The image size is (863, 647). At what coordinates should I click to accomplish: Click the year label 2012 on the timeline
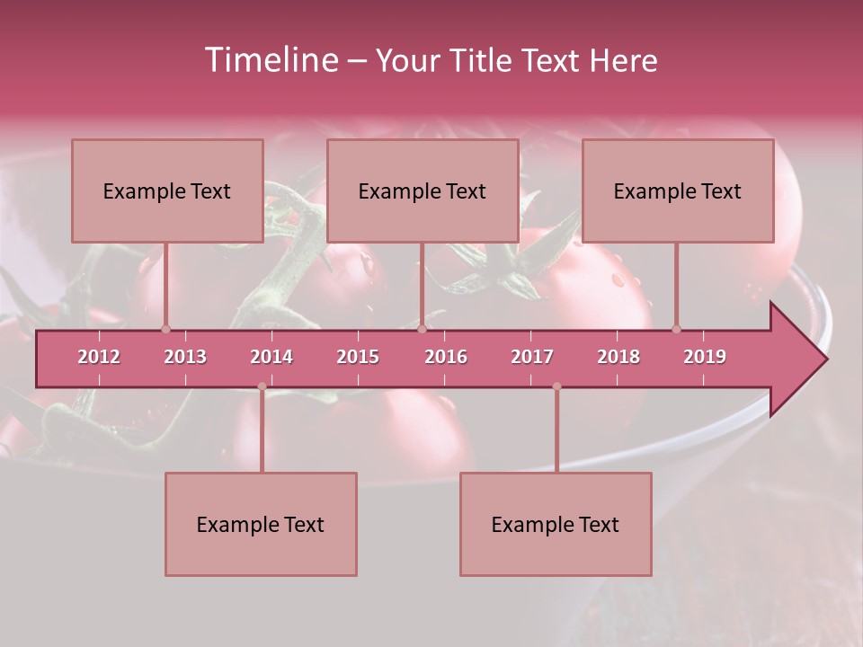click(99, 357)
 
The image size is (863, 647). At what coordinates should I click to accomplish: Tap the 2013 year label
click(185, 357)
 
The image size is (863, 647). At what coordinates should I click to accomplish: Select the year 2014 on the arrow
click(271, 357)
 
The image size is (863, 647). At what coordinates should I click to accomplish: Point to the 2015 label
click(358, 357)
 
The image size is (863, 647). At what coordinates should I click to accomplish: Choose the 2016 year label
click(446, 357)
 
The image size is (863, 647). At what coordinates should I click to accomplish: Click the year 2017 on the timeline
click(532, 357)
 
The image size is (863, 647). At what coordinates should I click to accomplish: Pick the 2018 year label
click(618, 357)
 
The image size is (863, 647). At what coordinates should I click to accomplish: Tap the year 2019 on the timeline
click(705, 357)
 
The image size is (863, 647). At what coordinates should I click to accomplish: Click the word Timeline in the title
click(270, 60)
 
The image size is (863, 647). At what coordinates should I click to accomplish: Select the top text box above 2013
click(167, 191)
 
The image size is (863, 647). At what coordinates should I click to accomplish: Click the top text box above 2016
click(423, 191)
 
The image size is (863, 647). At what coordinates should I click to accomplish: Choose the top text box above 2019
click(678, 191)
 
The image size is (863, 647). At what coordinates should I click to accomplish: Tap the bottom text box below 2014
click(261, 525)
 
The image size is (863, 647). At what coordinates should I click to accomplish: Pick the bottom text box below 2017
click(556, 525)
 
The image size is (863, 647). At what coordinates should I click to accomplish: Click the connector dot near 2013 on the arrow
click(165, 329)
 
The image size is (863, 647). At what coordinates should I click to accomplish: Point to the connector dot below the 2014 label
click(262, 386)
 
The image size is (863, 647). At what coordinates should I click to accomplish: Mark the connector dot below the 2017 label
click(556, 386)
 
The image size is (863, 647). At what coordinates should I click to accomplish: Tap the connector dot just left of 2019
click(676, 329)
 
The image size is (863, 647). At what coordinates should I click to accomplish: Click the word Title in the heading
click(487, 61)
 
